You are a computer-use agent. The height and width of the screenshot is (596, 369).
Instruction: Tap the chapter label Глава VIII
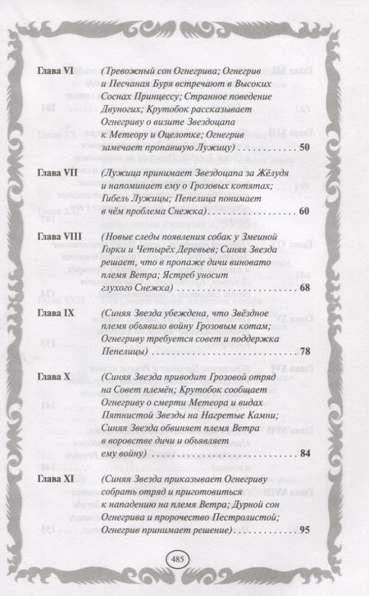pos(58,236)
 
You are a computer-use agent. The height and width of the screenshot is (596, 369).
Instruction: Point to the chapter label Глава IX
pos(57,314)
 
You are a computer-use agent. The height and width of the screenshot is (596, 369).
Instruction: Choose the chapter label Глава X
pos(55,375)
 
